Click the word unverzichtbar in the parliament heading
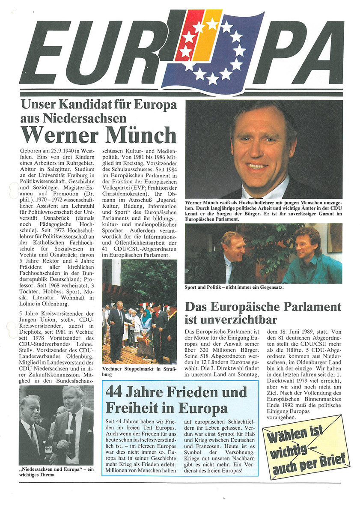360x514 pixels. tap(231, 320)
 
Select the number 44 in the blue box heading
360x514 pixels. tap(115, 391)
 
